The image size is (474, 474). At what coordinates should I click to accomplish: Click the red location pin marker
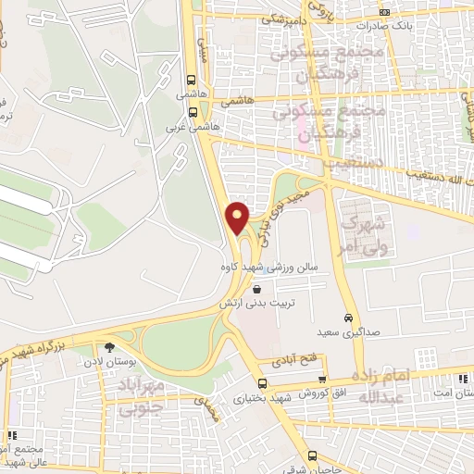(x=238, y=218)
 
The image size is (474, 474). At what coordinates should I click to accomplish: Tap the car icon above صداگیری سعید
(x=349, y=314)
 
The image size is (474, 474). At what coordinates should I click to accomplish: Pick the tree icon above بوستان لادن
(x=110, y=347)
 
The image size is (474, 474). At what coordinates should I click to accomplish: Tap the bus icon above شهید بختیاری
(x=262, y=382)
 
